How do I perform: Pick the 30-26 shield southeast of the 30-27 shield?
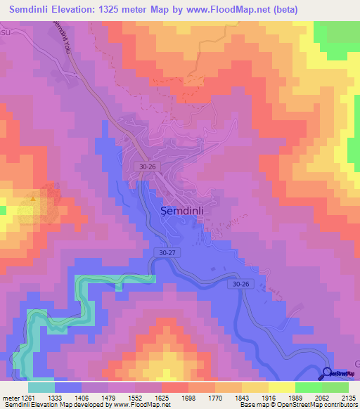tap(238, 283)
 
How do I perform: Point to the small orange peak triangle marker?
tap(33, 197)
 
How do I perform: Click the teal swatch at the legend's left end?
tap(41, 387)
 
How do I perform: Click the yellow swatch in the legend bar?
tap(281, 387)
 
